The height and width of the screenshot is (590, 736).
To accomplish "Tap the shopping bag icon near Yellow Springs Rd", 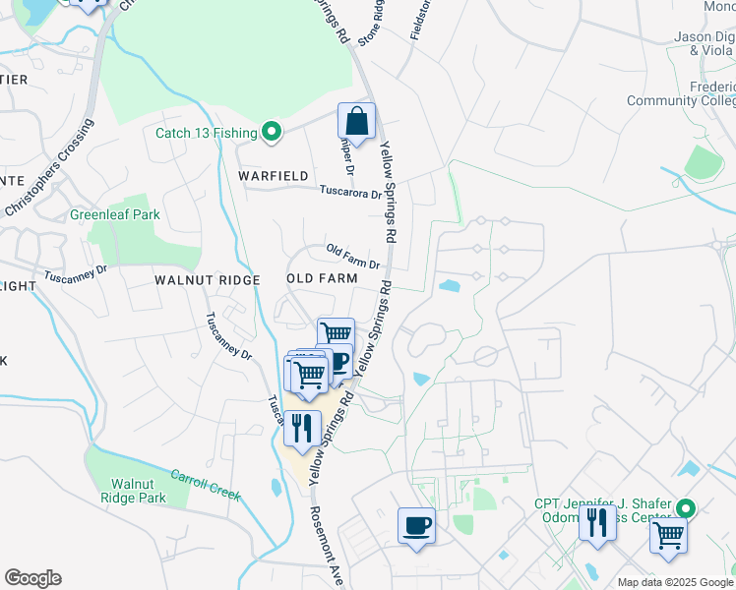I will coord(356,123).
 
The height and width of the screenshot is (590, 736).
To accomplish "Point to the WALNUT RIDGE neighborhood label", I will coord(207,280).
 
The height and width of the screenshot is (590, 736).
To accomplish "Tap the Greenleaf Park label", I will coord(114,214).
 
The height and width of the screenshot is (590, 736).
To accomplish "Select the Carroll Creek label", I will coord(207,484).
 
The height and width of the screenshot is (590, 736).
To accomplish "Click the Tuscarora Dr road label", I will coord(348,193).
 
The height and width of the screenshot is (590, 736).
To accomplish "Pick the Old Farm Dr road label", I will coord(352,257).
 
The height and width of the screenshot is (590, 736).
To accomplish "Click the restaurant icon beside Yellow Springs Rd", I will coord(302,428).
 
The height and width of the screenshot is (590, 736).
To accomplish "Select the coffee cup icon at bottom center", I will coord(416,525).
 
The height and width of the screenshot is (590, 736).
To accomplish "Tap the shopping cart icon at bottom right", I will coord(668,537).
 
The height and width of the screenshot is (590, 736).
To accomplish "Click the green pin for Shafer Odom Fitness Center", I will coord(687,508).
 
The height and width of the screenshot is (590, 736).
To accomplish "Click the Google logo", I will coord(32,578).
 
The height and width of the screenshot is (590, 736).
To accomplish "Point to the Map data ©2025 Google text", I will coord(675,582).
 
